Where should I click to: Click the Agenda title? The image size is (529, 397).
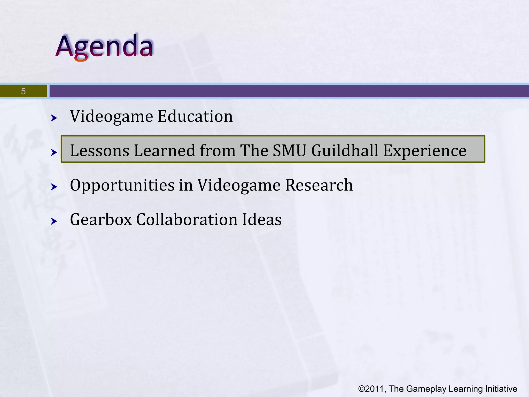pos(105,47)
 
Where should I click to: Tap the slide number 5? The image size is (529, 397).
pos(23,91)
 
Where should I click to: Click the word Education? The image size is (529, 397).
pos(195,116)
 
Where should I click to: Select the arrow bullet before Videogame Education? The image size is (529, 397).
pos(54,118)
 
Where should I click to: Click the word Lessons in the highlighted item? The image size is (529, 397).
pos(99,151)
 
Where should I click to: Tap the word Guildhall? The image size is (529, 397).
pos(345,151)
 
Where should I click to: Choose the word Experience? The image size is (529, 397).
pos(425,151)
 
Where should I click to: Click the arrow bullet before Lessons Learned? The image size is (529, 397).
pos(54,152)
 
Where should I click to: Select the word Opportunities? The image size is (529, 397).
pos(122,185)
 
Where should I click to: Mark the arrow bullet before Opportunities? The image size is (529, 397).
pos(54,187)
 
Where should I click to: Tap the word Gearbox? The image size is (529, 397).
pos(101,220)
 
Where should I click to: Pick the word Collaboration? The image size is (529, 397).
pos(186,220)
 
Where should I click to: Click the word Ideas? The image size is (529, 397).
pos(262,220)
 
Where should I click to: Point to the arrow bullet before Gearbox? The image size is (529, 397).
pos(54,222)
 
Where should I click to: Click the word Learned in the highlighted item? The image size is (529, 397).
pos(165,151)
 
